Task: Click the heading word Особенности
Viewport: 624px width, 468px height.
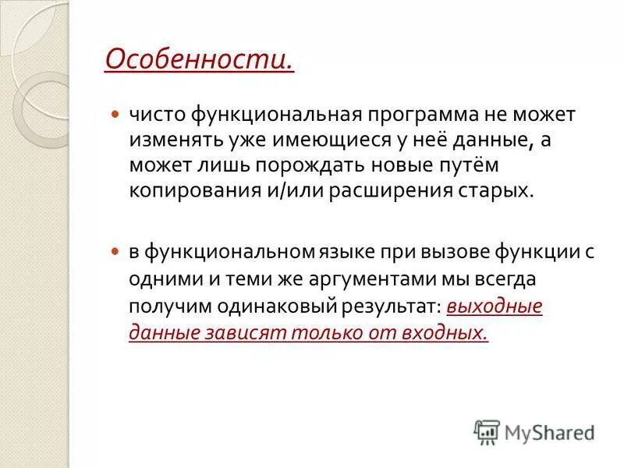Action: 199,59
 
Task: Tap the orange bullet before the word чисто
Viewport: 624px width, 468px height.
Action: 115,115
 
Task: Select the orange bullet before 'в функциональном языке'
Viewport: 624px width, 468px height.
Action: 115,252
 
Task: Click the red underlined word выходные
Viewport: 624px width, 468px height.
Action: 495,306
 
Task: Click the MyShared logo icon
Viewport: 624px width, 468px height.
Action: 487,431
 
